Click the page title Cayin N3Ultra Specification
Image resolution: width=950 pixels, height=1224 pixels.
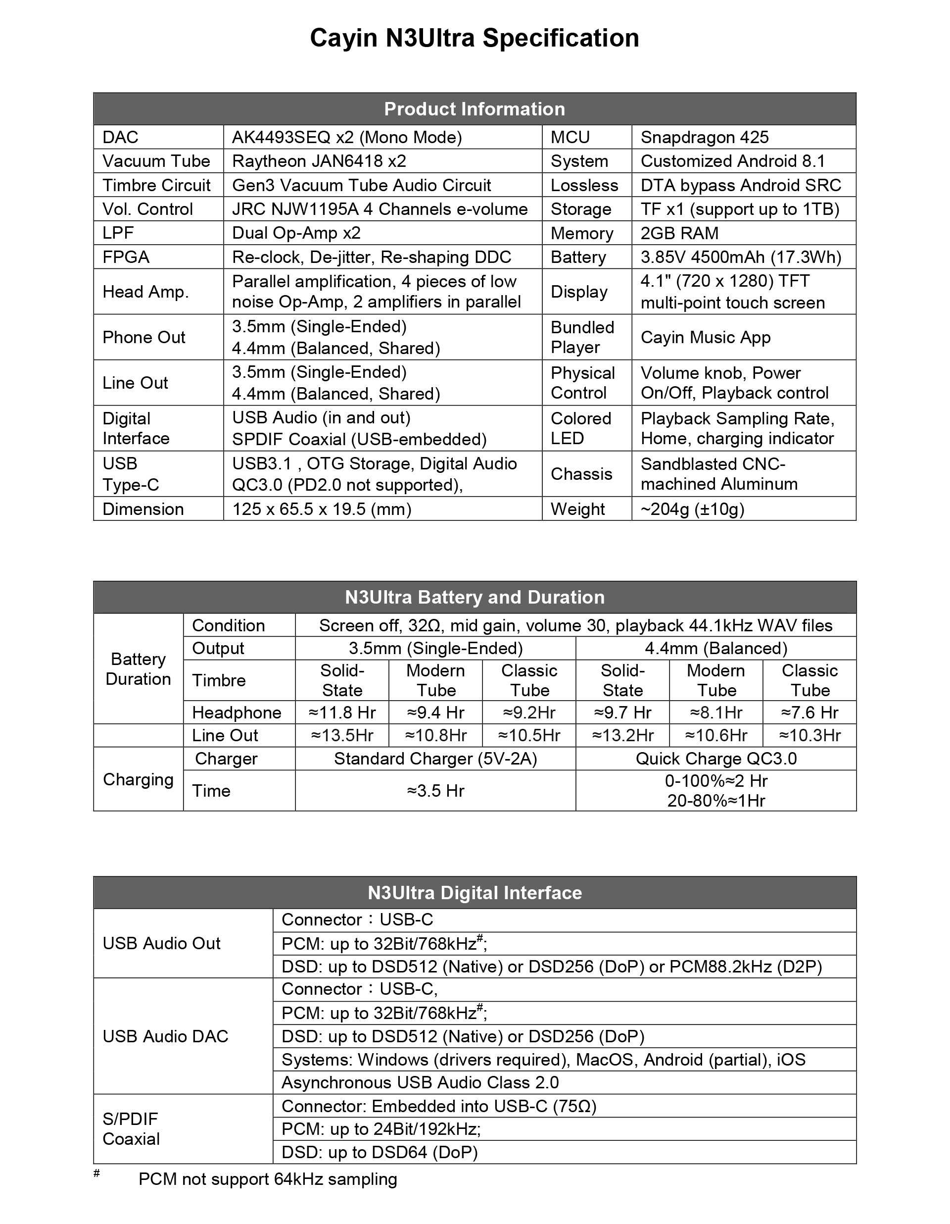point(475,39)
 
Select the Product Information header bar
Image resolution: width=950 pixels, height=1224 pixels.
point(475,109)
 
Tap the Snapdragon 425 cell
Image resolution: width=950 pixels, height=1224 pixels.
point(704,137)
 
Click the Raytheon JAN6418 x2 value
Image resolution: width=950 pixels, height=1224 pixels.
point(319,161)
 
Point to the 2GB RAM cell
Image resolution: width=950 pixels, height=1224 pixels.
point(679,233)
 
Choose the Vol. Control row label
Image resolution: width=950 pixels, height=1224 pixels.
point(147,209)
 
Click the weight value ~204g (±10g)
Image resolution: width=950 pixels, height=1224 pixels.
point(692,509)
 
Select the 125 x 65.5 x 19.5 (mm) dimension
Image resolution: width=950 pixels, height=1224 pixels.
point(322,509)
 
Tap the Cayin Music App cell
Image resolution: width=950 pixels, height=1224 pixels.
point(705,337)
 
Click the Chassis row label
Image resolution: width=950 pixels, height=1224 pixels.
point(581,474)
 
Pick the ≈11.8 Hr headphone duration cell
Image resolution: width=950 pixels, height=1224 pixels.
point(342,713)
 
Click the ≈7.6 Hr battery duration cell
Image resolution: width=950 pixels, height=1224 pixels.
point(809,713)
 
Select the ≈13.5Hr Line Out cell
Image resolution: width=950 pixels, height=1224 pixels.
point(342,735)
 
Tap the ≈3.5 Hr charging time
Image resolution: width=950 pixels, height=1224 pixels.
point(435,791)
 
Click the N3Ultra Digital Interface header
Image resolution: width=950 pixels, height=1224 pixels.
point(475,893)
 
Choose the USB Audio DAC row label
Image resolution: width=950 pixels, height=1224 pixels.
point(165,1036)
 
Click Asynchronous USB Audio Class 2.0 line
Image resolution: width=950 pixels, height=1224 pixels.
point(420,1082)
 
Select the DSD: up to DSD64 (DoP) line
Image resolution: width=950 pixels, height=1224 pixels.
point(379,1152)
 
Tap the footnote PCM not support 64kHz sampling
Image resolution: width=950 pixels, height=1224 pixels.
point(268,1179)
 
